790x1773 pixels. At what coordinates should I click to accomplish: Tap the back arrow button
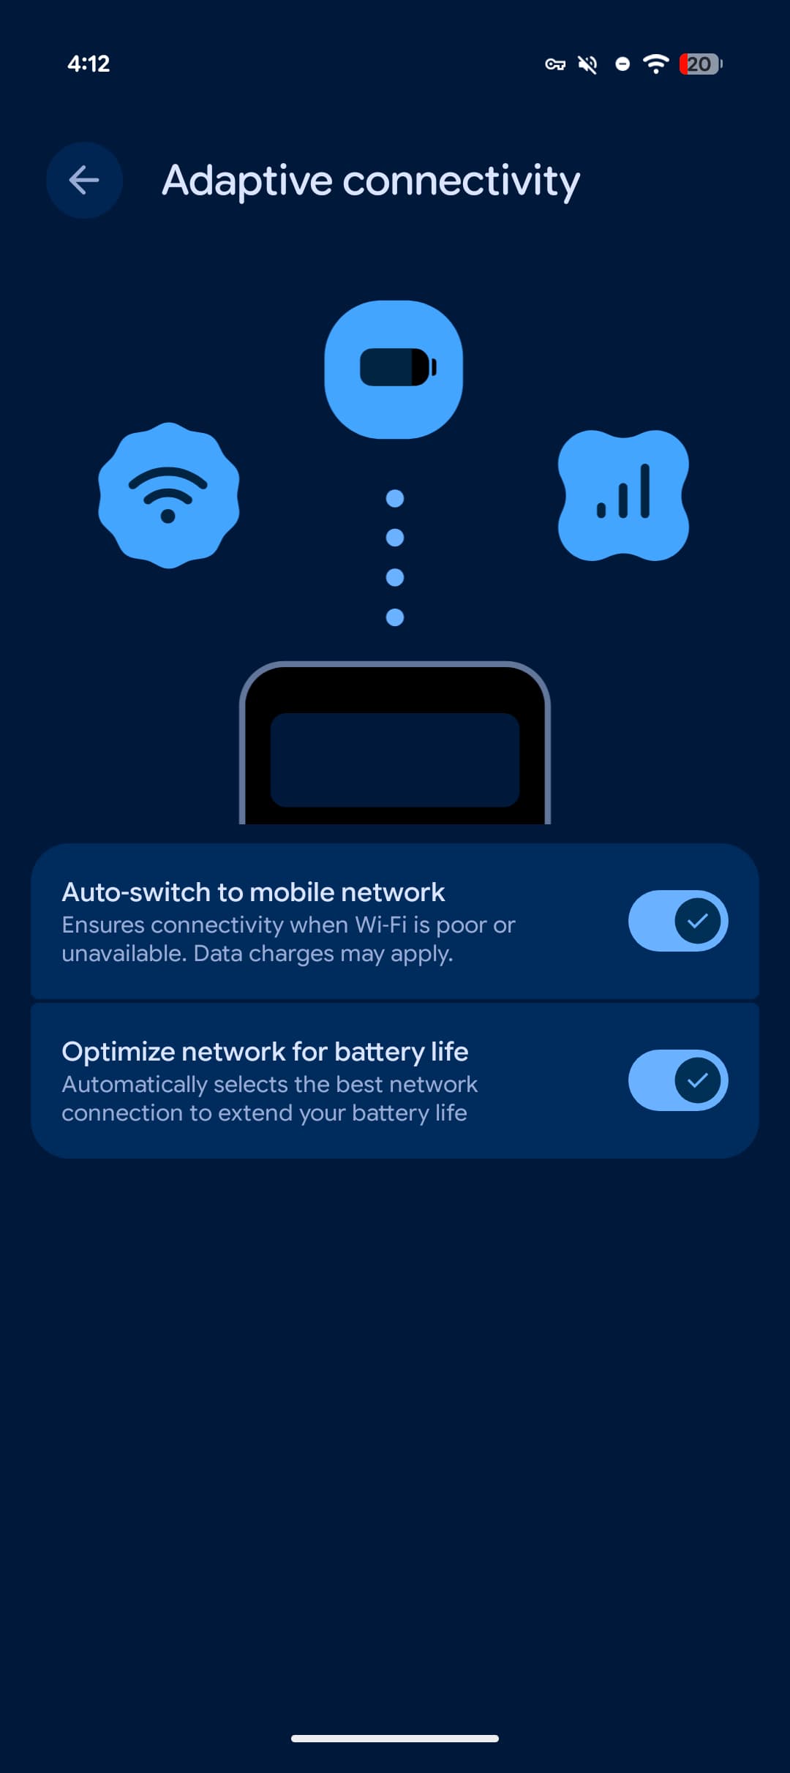tap(84, 180)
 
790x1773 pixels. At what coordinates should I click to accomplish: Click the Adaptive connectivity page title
tap(371, 181)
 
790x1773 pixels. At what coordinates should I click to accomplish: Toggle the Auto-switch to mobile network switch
tap(678, 921)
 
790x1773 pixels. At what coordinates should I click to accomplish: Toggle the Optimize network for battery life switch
tap(678, 1080)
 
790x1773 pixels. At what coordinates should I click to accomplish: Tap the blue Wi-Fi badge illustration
tap(169, 495)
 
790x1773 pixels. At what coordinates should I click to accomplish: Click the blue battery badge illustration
tap(394, 369)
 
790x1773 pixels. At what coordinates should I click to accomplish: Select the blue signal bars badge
tap(623, 495)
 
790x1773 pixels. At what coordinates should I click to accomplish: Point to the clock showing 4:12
tap(89, 64)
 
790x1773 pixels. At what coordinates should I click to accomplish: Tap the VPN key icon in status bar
tap(555, 64)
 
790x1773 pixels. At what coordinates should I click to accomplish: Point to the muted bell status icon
tap(587, 64)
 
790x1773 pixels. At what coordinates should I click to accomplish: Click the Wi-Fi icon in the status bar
tap(655, 64)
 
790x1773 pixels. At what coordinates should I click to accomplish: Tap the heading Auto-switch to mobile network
tap(253, 892)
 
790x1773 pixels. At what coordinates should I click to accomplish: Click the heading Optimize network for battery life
tap(265, 1052)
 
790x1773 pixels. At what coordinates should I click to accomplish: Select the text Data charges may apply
tap(323, 954)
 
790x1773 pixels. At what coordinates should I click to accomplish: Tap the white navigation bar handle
tap(395, 1739)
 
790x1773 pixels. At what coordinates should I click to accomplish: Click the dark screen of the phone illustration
tap(395, 760)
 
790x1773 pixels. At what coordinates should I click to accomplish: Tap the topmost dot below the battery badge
tap(395, 498)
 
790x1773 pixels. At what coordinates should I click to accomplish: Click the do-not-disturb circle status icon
tap(622, 64)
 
